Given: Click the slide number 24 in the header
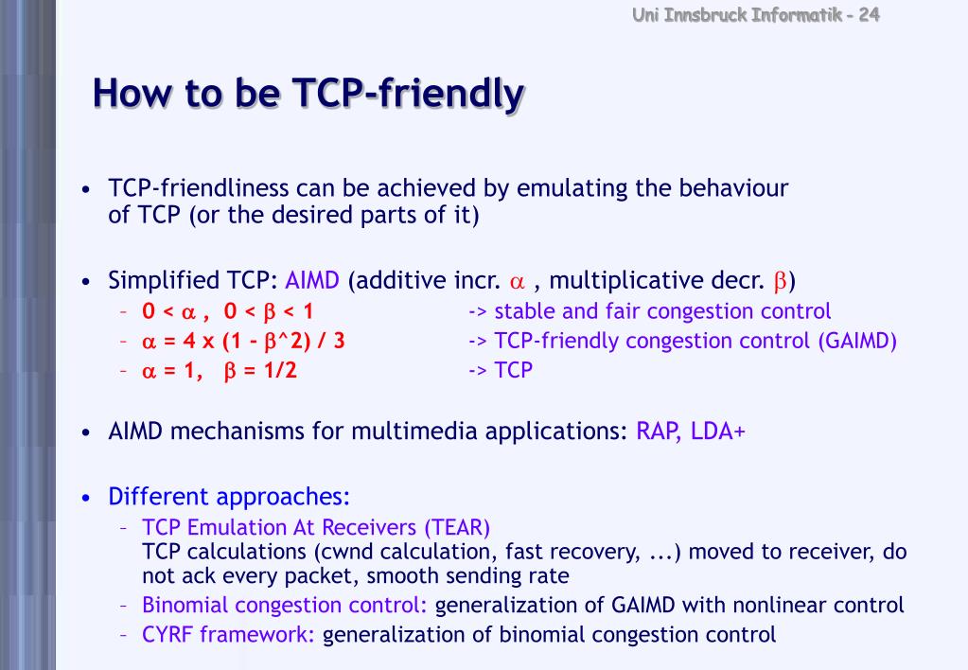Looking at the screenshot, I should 870,14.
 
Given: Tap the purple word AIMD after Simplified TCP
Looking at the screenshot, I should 311,281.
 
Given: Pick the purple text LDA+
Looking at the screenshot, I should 718,432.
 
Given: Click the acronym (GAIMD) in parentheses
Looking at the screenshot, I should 857,341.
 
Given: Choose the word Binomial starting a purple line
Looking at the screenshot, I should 185,605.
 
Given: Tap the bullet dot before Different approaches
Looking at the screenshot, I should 86,498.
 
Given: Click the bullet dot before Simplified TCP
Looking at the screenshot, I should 86,282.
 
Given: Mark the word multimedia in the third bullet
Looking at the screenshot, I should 415,432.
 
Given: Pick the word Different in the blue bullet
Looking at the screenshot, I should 158,497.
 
